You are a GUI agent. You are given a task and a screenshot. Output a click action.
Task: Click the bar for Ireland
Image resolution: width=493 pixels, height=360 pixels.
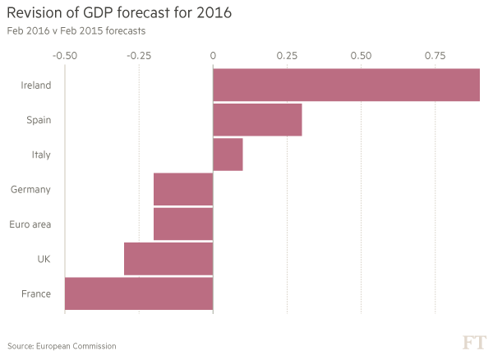click(346, 85)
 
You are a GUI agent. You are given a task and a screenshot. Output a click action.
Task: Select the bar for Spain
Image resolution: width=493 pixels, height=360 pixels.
click(257, 120)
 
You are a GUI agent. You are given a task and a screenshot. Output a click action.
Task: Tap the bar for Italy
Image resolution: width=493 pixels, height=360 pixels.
click(228, 155)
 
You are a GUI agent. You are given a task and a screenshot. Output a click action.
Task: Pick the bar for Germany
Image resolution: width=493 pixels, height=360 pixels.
click(183, 189)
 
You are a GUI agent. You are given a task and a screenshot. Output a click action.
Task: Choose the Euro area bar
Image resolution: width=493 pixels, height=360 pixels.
click(183, 224)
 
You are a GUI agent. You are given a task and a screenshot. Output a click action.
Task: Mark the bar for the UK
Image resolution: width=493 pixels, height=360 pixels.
click(168, 259)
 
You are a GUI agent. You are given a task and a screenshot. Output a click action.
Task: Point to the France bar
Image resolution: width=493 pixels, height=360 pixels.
click(139, 293)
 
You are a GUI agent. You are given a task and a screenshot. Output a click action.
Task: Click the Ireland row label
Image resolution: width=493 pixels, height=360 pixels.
click(35, 85)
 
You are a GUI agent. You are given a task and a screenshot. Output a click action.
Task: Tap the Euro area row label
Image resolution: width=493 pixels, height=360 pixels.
click(30, 224)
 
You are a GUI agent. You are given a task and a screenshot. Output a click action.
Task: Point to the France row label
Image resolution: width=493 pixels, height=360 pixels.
click(37, 293)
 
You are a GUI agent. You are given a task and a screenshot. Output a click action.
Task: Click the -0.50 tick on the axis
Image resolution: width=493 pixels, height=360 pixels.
click(65, 56)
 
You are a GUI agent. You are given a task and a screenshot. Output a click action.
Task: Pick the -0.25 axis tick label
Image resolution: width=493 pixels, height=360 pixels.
click(139, 56)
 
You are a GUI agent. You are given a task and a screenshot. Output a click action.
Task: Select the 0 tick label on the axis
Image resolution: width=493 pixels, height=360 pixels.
click(213, 56)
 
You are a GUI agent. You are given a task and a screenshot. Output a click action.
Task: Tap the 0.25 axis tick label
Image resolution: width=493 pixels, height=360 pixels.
click(287, 56)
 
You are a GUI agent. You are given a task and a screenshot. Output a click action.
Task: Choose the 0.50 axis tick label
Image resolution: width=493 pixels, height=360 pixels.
click(361, 56)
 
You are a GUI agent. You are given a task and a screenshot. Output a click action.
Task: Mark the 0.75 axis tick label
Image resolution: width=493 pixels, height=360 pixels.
click(435, 56)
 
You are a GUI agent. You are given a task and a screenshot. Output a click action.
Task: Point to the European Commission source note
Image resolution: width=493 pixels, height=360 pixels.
click(61, 346)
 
